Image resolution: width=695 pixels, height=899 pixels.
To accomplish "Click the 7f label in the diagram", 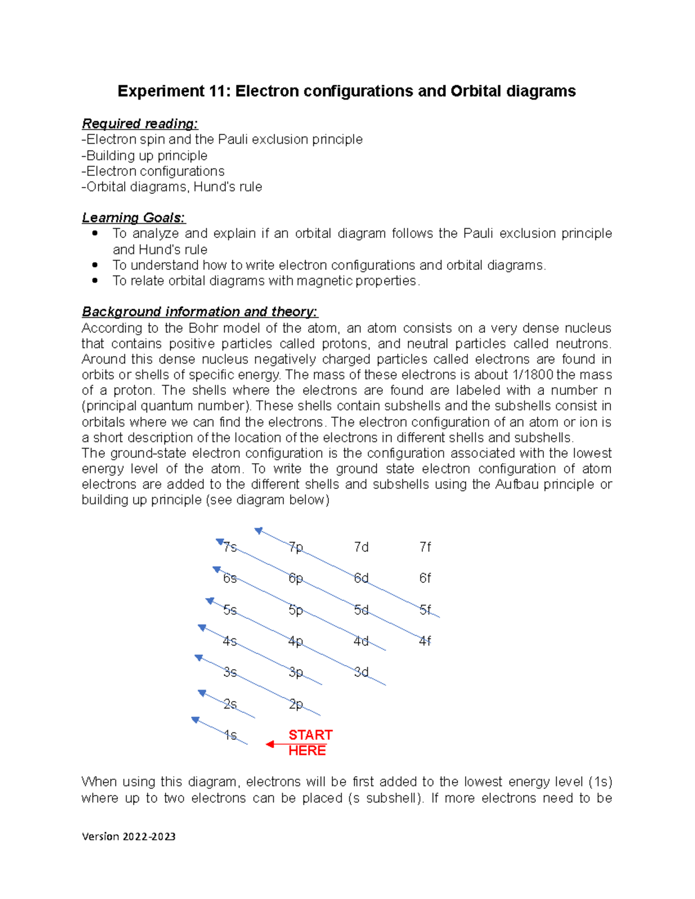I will (x=425, y=547).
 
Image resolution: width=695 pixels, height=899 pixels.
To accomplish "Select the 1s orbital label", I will (x=231, y=735).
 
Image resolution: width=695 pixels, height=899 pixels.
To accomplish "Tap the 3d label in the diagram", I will (x=361, y=672).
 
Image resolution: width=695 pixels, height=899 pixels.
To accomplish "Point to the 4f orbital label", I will (x=425, y=641).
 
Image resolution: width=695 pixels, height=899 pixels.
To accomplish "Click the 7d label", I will (x=361, y=547).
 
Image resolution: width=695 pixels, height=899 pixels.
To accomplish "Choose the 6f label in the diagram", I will (x=425, y=578).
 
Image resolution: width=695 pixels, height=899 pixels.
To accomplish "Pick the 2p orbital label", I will (x=296, y=704).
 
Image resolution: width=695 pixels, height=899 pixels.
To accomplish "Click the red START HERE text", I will (x=310, y=743).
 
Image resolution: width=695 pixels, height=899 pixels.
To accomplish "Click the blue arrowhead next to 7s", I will (x=220, y=542).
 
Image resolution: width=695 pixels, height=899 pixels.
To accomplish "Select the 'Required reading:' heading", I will (x=140, y=124).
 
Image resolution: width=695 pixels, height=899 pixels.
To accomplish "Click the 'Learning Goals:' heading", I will (x=133, y=218).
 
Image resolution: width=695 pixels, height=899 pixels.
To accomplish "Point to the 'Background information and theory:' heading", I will (x=199, y=312).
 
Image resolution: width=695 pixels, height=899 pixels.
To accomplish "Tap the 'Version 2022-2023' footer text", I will (x=129, y=836).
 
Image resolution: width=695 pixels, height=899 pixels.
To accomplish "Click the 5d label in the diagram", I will (x=361, y=610).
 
